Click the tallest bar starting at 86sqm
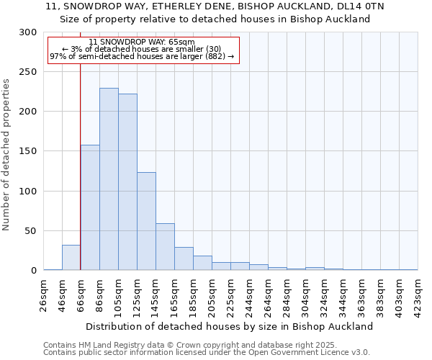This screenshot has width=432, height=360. [109, 179]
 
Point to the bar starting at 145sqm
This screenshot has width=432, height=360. [165, 247]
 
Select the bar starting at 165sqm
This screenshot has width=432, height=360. [184, 258]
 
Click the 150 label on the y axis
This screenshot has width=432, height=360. [29, 151]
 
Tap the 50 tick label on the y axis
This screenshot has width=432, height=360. [31, 231]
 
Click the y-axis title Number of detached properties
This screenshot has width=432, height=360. [6, 155]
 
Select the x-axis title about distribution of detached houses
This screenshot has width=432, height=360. [230, 326]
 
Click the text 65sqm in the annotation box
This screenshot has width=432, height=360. [180, 42]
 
